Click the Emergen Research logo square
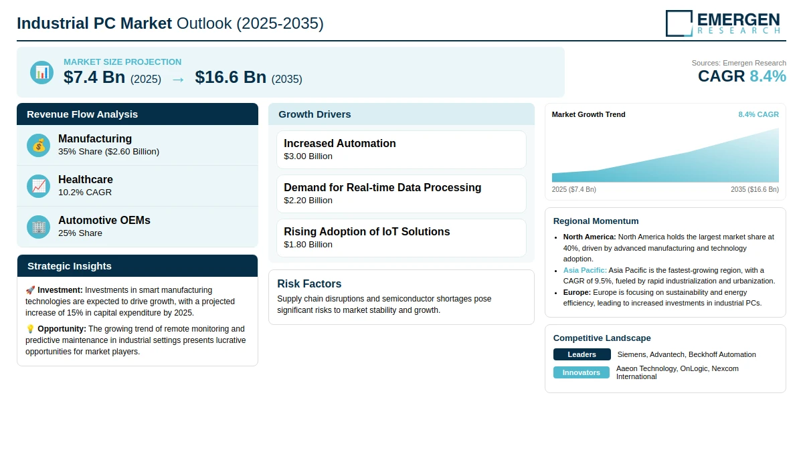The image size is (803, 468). (679, 23)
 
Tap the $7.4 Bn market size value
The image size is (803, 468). (94, 77)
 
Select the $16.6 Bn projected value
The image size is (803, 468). (230, 77)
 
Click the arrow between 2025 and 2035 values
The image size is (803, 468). (178, 80)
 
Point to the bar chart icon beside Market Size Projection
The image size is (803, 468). (42, 73)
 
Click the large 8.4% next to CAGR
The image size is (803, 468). (768, 76)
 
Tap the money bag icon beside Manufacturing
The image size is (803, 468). (38, 145)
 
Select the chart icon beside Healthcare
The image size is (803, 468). (38, 187)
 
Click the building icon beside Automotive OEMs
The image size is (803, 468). (38, 227)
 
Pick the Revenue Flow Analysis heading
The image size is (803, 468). (82, 114)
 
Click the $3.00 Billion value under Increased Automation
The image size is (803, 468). (308, 156)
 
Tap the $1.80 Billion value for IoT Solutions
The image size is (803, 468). (308, 245)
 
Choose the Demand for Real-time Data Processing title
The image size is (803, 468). (383, 188)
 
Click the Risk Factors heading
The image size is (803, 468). (309, 283)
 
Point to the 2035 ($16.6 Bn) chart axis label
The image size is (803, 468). (755, 189)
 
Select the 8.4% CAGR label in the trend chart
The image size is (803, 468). (759, 114)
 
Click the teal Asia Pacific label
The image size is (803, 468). (585, 270)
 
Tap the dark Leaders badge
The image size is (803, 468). (582, 354)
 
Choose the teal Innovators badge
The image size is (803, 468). (581, 372)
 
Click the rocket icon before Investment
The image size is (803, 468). (30, 290)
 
